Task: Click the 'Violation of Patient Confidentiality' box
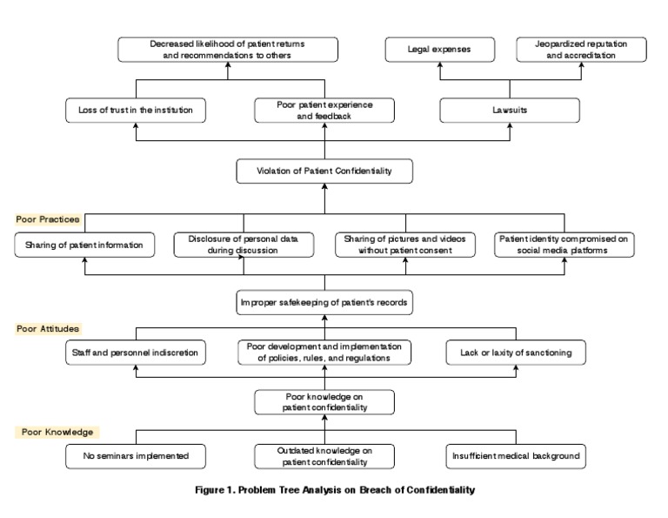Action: point(324,171)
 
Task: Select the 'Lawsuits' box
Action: point(509,111)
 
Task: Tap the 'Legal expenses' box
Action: point(439,50)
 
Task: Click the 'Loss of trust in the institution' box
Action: point(135,111)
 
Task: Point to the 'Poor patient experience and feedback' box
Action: point(324,110)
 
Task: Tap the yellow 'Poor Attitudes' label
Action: point(50,329)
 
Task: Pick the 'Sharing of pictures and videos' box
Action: point(406,246)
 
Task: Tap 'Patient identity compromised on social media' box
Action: point(564,246)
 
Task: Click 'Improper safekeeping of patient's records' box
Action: point(324,303)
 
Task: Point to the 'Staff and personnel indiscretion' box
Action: point(135,353)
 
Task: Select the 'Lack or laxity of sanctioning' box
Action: point(517,353)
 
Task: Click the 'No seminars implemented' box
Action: point(135,455)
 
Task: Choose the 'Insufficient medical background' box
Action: point(517,455)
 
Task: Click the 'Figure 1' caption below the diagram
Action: point(335,490)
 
